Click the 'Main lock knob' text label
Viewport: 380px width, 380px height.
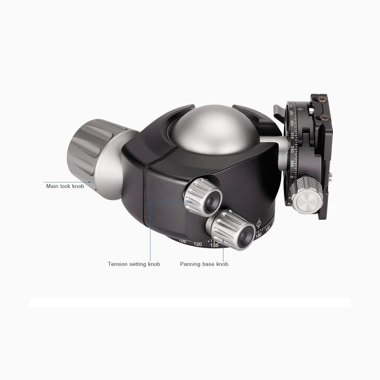65,186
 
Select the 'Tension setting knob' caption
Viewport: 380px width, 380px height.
134,264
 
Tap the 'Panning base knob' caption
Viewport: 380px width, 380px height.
204,264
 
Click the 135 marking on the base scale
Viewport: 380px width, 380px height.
214,245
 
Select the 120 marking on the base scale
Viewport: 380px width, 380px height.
197,244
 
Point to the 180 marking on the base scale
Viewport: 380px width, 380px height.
258,235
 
